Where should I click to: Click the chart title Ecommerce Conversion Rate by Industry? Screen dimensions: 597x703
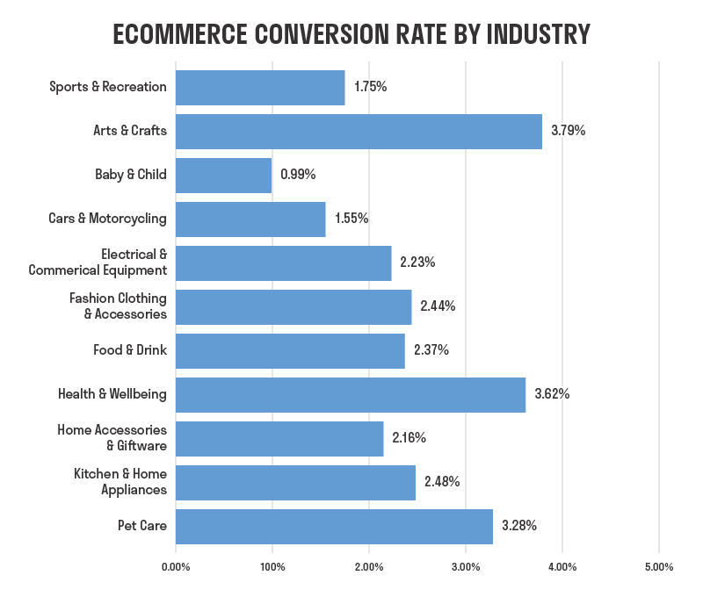coord(351,33)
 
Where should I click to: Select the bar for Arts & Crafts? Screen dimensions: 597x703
coord(359,131)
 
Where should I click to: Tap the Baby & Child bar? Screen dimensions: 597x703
coord(224,175)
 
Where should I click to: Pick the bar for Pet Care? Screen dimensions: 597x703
coord(334,526)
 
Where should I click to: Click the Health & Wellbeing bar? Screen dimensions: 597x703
coord(351,394)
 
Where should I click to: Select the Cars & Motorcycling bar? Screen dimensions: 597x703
coord(250,219)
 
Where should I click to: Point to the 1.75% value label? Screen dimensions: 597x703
coord(371,87)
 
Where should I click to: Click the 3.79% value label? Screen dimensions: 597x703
coord(568,131)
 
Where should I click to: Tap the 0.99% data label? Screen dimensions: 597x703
coord(298,175)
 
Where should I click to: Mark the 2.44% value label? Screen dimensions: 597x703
coord(438,306)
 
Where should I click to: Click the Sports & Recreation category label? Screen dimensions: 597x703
coord(108,87)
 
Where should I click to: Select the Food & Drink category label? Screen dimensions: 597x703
coord(130,350)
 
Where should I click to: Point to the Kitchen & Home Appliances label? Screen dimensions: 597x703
coord(120,482)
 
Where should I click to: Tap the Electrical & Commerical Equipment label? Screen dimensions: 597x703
coord(98,263)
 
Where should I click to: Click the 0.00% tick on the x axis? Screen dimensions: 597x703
coord(176,567)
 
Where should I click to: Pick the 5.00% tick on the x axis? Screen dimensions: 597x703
coord(659,567)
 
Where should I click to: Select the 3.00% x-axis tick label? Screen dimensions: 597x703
coord(466,567)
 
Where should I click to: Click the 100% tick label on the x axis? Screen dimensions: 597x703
coord(272,567)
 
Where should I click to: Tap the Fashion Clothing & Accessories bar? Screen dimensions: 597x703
coord(294,306)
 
